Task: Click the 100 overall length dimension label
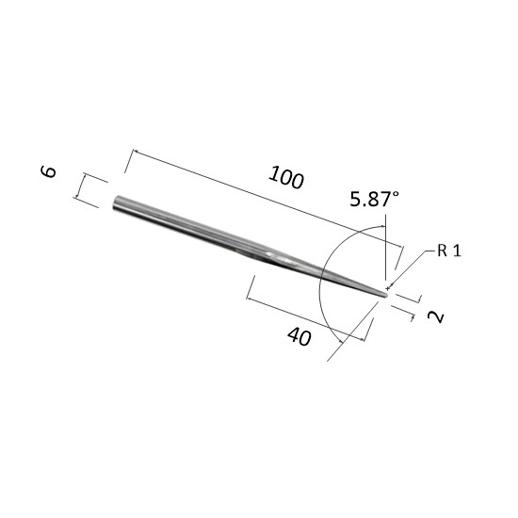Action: tap(285, 178)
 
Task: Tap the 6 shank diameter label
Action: tap(48, 171)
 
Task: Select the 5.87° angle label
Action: tap(374, 200)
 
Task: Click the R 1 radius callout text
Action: tap(449, 251)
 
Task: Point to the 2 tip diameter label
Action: tap(436, 316)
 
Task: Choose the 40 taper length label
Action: tap(299, 336)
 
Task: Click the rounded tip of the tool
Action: tap(386, 294)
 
